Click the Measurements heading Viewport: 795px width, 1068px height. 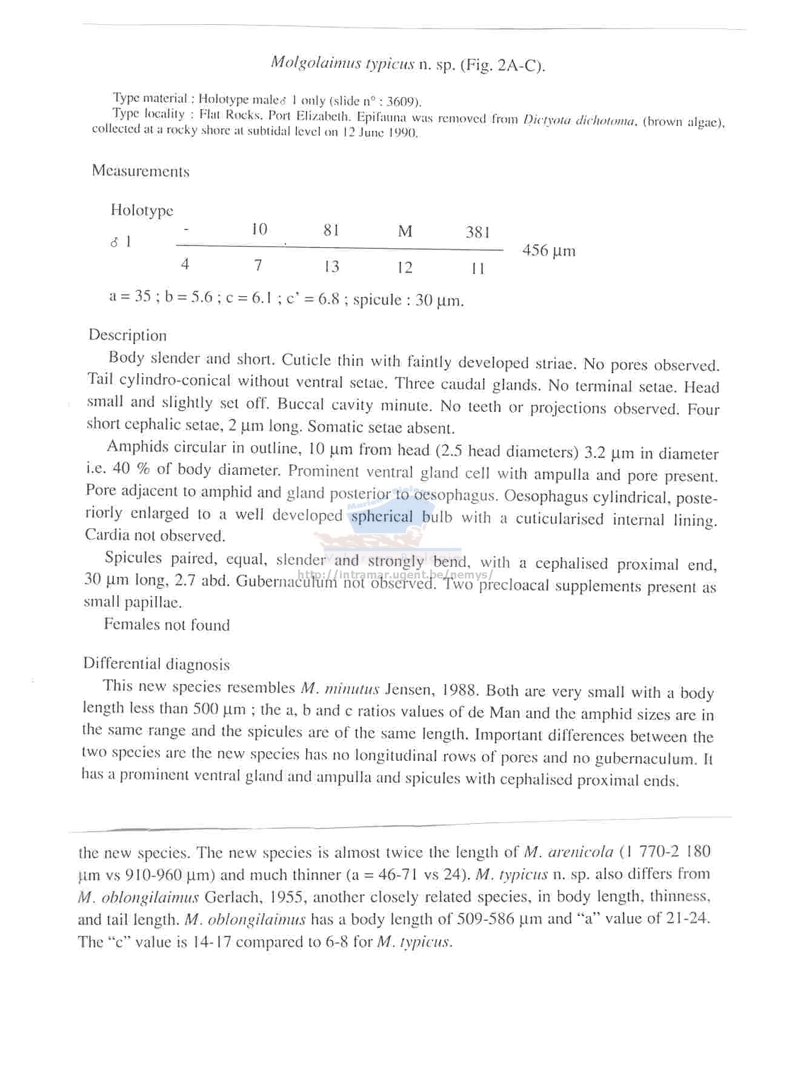point(141,171)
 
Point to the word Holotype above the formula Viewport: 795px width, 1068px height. point(142,210)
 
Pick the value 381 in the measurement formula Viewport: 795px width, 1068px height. point(477,233)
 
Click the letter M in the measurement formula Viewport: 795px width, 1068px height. point(405,231)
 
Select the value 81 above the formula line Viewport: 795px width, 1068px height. point(331,230)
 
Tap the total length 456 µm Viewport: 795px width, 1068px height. point(548,251)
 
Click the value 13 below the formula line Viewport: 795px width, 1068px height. point(331,267)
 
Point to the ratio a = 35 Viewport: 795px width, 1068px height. point(130,296)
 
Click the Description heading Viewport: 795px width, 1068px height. point(127,336)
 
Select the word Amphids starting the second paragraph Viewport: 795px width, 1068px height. point(138,447)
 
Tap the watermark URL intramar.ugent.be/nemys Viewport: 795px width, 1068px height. point(395,574)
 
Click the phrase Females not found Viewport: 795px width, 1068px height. point(167,625)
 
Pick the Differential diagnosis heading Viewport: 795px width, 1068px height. point(156,665)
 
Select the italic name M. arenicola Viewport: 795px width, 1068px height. point(568,852)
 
